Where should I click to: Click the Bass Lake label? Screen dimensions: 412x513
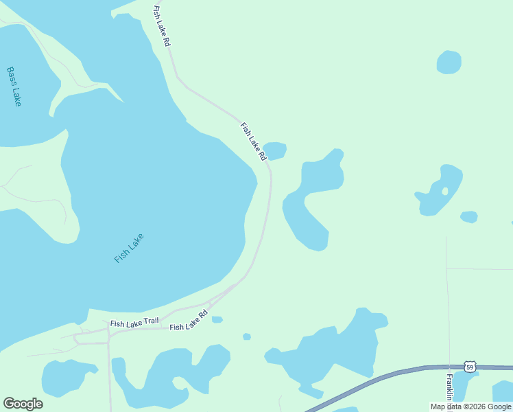tap(14, 86)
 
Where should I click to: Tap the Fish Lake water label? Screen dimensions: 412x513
tap(129, 248)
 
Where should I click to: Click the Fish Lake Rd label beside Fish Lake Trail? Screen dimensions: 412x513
tap(189, 323)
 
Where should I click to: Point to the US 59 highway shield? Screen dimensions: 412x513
tap(469, 367)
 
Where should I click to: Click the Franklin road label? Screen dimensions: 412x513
tap(449, 388)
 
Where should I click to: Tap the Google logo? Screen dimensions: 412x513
tap(23, 404)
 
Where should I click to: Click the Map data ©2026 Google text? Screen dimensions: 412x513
tap(470, 407)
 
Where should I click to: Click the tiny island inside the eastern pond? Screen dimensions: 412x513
tap(444, 191)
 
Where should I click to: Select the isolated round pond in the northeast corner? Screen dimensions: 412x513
tap(449, 62)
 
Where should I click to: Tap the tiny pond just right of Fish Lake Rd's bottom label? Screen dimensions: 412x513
tap(217, 319)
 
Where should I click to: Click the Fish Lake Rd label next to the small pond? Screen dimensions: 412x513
tap(253, 141)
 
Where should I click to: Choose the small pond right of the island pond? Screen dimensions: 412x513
tap(469, 217)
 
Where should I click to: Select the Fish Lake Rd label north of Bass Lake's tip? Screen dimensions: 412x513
tap(162, 26)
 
